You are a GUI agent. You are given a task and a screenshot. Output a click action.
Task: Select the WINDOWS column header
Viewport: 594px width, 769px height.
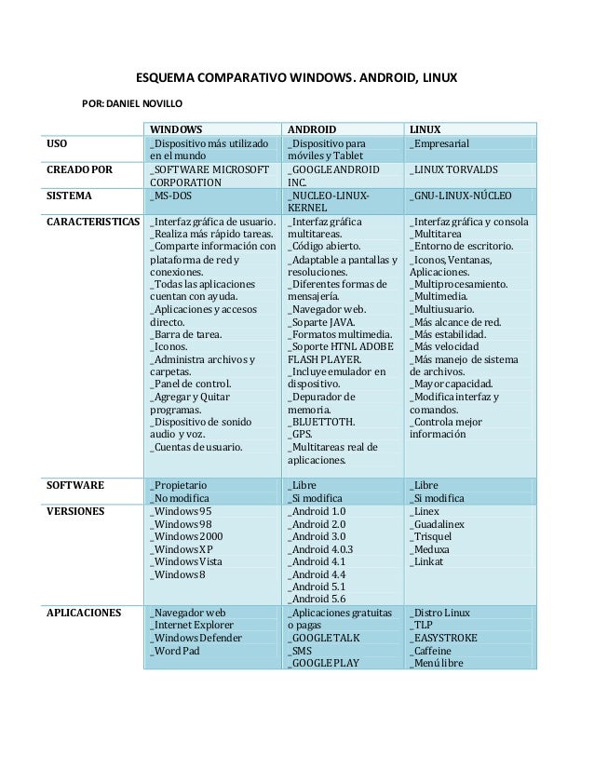177,128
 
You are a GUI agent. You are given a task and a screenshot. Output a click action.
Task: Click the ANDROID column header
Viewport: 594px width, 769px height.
312,128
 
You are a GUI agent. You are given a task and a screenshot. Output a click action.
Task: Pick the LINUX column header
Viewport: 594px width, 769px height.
425,128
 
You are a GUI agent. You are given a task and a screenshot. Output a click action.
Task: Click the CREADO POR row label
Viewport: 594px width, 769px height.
79,170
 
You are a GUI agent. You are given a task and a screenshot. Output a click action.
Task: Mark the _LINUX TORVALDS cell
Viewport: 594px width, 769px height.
453,170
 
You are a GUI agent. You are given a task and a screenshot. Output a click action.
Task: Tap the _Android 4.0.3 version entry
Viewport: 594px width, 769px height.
320,549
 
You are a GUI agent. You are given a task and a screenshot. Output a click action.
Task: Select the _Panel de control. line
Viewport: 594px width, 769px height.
191,383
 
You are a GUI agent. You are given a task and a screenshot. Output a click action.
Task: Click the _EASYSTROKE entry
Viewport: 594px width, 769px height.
443,639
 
